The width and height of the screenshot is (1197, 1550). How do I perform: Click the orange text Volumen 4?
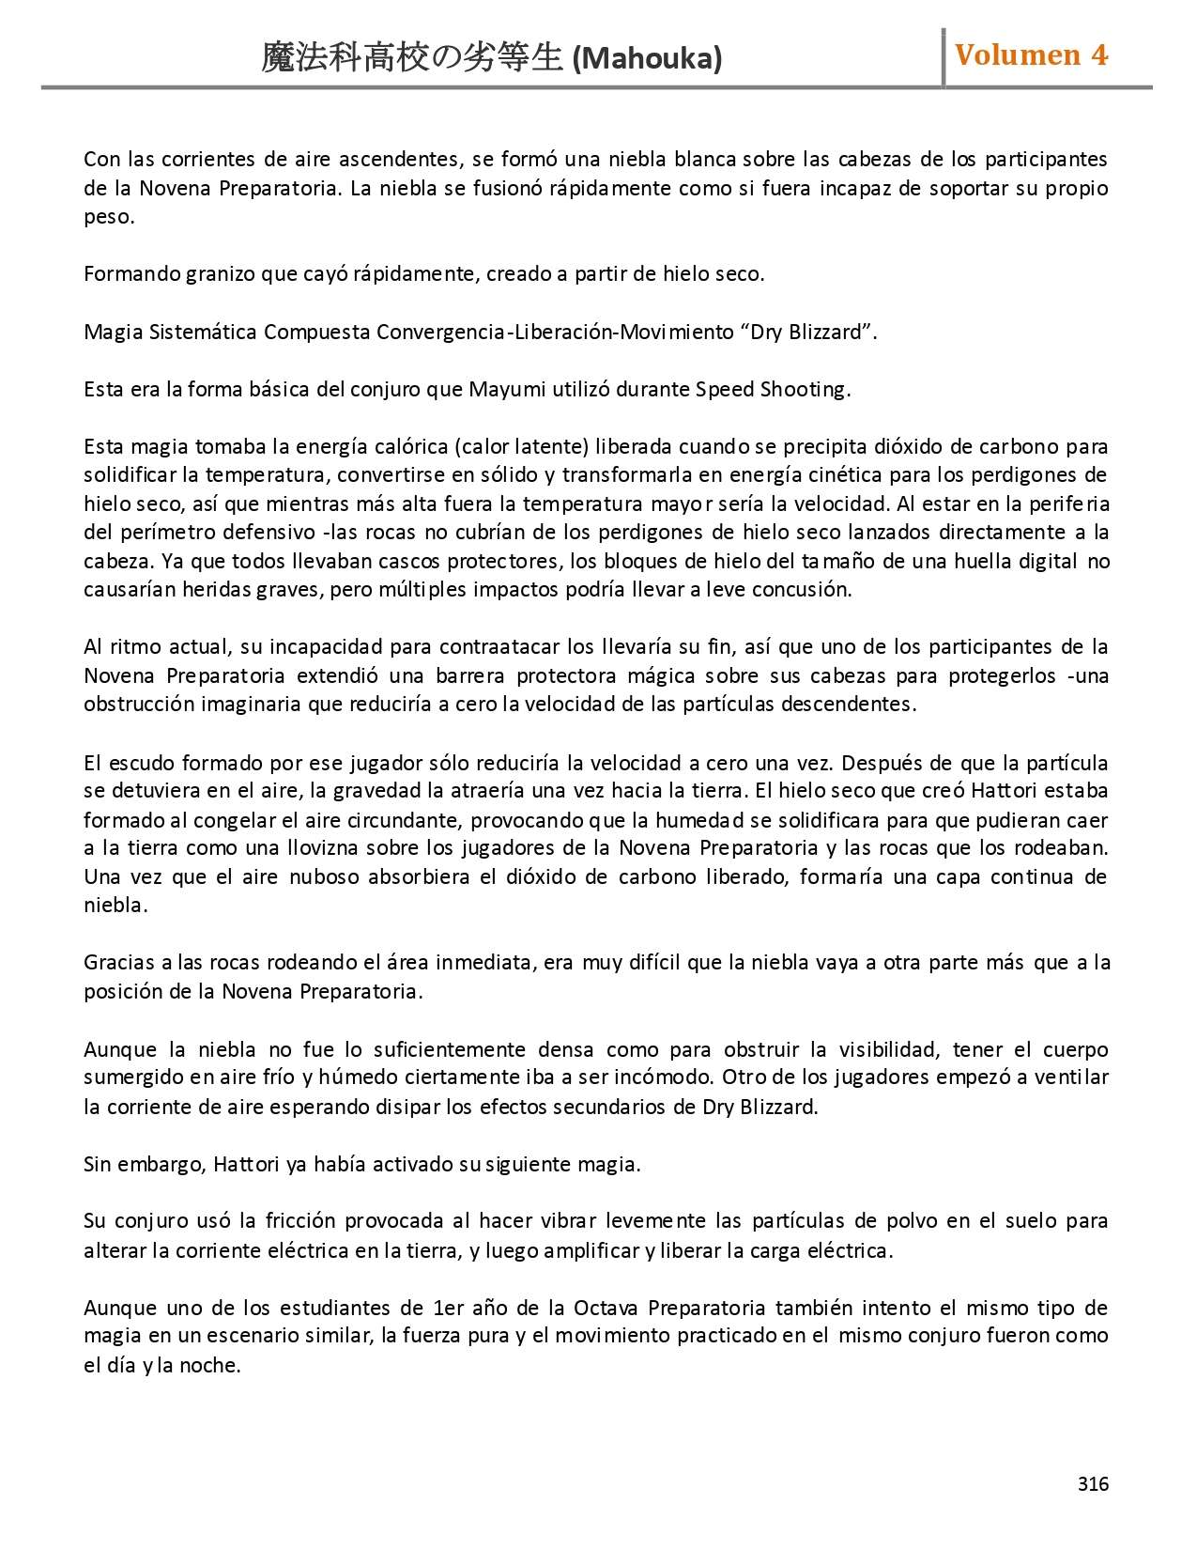pyautogui.click(x=1031, y=55)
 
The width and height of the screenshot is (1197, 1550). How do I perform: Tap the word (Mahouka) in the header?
pyautogui.click(x=647, y=59)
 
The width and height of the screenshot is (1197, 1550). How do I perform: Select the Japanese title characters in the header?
pyautogui.click(x=413, y=59)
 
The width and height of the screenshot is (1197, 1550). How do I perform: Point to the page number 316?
pyautogui.click(x=1093, y=1484)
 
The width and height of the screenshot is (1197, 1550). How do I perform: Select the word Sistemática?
pyautogui.click(x=203, y=333)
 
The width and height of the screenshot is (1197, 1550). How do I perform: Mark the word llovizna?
pyautogui.click(x=306, y=848)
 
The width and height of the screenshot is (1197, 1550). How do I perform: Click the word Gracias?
pyautogui.click(x=118, y=963)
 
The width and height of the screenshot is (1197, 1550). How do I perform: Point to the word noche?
pyautogui.click(x=212, y=1366)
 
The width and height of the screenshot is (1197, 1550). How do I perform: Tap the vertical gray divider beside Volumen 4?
pyautogui.click(x=944, y=57)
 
